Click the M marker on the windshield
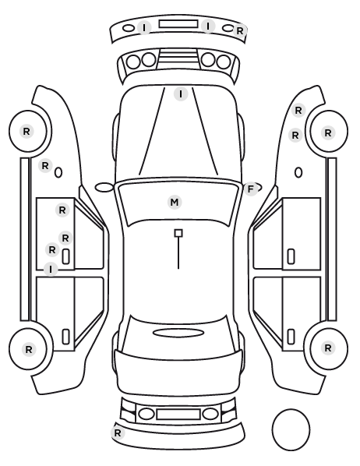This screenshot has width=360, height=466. tap(175, 203)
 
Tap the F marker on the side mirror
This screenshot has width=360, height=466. tap(251, 189)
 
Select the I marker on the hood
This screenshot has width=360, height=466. tap(181, 94)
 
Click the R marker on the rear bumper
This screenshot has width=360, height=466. tap(118, 433)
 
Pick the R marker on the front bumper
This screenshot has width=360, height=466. tap(239, 30)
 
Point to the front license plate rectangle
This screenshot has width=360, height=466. tap(178, 24)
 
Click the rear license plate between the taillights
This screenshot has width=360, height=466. tap(178, 415)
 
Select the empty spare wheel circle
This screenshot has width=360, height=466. tap(291, 429)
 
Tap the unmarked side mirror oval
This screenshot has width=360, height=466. tap(104, 188)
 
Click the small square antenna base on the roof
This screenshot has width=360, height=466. tap(178, 233)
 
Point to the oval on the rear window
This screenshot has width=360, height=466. tap(178, 333)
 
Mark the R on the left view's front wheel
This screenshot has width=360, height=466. tap(26, 131)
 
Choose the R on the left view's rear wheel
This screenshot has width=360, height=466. tap(29, 349)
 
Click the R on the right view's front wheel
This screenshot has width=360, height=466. tap(328, 132)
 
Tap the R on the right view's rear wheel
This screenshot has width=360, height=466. tap(328, 348)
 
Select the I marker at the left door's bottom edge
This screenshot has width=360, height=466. tap(51, 270)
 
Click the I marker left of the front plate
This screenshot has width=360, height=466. tap(144, 28)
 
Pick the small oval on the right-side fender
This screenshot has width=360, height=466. tap(298, 173)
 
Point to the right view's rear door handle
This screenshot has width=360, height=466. tap(291, 337)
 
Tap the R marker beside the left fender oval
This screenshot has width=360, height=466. tap(45, 165)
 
